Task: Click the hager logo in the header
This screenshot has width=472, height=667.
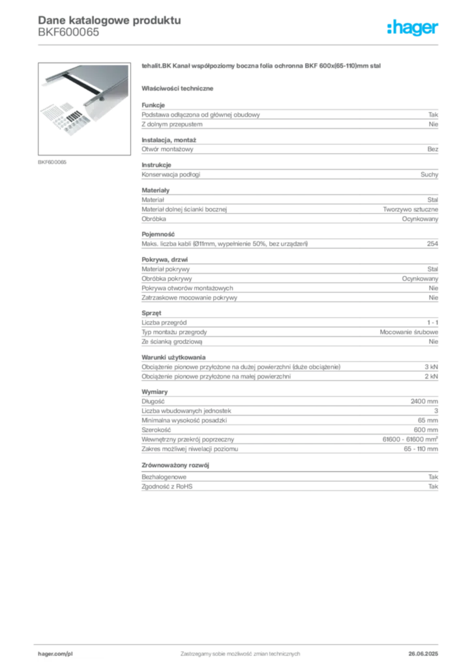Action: (412, 27)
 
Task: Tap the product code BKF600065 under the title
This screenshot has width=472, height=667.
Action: (68, 33)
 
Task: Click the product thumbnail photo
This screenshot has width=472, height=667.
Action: (84, 109)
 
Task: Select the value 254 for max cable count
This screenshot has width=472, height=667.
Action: (432, 244)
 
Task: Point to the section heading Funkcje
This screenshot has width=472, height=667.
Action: (153, 105)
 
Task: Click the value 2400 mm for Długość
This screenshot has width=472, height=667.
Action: (424, 401)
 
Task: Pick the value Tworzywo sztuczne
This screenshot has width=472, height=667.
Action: (410, 209)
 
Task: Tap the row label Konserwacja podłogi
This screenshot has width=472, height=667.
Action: (171, 175)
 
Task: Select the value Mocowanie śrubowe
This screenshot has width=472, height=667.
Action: (409, 332)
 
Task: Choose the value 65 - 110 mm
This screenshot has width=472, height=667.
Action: (421, 449)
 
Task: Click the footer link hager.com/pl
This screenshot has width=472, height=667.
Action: (55, 654)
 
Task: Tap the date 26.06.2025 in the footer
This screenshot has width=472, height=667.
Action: (423, 654)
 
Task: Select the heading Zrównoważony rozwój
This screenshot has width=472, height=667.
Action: (175, 465)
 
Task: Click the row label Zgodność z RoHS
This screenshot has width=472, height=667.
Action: (167, 487)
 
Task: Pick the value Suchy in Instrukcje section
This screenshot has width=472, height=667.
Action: (429, 175)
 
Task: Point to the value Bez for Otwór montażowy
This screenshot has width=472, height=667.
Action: (432, 149)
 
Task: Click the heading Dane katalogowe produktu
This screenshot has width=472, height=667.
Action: (110, 20)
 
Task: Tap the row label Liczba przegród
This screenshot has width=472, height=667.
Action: (164, 322)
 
